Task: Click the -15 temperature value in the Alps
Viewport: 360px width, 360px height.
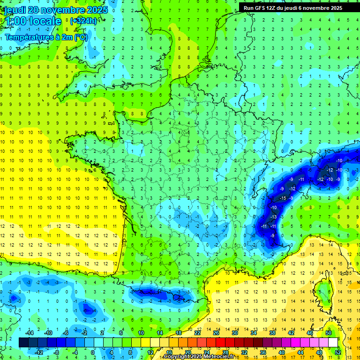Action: coord(283,198)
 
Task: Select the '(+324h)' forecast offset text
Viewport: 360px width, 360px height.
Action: coord(83,21)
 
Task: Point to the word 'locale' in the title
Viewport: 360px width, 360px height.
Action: coord(45,21)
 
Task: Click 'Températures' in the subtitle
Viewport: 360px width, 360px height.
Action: coord(28,37)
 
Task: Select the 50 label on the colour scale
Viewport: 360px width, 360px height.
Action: coord(329,332)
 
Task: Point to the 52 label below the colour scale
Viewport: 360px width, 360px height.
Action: coord(338,352)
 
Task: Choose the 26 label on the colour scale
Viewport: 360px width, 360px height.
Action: coord(216,332)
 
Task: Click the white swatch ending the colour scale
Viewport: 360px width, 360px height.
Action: coord(333,343)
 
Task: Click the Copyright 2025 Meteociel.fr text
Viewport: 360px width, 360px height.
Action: coord(199,357)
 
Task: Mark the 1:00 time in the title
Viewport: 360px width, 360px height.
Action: coord(14,21)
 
